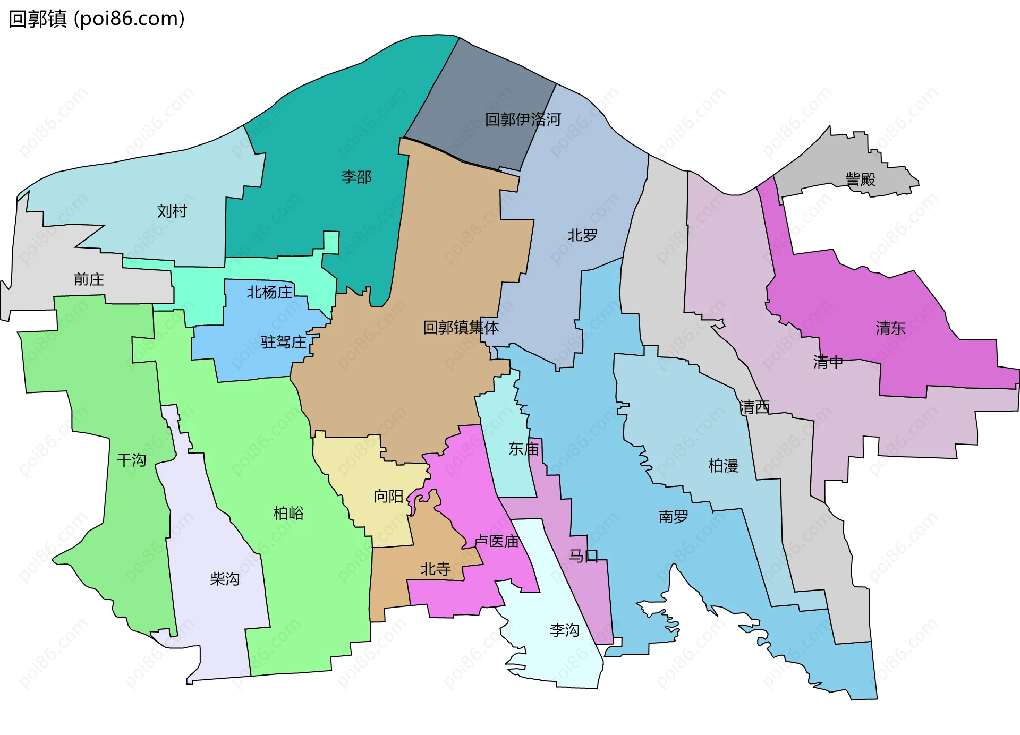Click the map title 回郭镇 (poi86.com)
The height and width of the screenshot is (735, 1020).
[97, 19]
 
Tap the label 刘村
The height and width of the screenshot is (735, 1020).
[172, 211]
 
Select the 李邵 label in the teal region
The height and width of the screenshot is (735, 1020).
[356, 177]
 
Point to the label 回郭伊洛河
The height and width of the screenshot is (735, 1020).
[523, 119]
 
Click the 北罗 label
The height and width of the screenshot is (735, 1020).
[582, 235]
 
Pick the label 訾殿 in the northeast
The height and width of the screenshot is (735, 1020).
[860, 180]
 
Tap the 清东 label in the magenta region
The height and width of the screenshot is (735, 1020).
[890, 328]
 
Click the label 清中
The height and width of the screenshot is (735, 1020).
[828, 362]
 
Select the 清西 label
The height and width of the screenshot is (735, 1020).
[754, 407]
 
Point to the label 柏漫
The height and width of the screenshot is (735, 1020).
[723, 466]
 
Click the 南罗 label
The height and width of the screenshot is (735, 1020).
[673, 517]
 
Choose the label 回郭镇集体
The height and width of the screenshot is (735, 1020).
[461, 327]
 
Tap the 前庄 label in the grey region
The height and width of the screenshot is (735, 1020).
[89, 279]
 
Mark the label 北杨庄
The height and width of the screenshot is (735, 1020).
[270, 292]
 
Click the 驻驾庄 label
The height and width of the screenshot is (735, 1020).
[284, 342]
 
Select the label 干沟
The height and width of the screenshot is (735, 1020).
[131, 460]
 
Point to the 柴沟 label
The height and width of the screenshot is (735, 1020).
[225, 579]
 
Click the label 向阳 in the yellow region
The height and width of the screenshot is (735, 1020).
[388, 497]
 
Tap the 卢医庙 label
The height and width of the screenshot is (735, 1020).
[496, 541]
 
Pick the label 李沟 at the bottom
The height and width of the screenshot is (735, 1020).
[564, 630]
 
